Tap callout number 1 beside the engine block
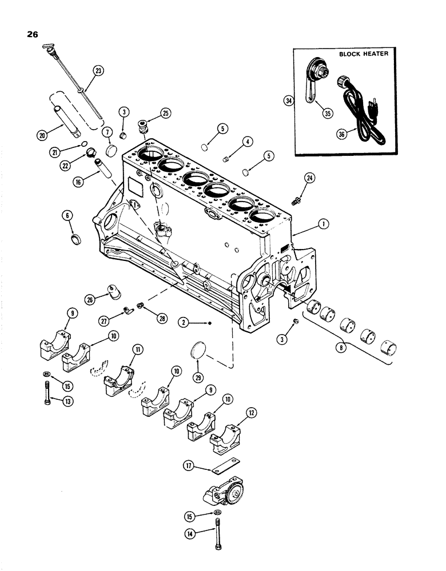tap(324, 224)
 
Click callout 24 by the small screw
tap(309, 178)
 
